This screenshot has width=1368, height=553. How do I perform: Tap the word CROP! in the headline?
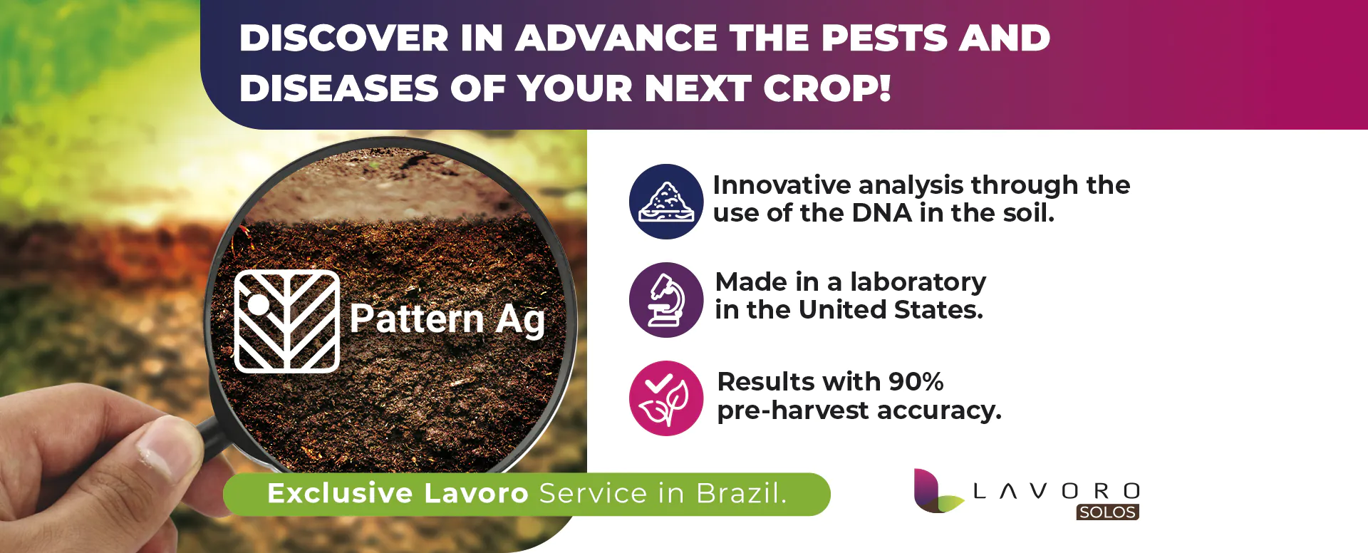point(826,88)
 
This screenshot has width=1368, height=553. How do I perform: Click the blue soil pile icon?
point(666,202)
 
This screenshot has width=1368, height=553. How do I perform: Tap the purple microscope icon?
point(666,300)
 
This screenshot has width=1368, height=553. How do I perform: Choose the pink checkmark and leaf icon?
point(666,398)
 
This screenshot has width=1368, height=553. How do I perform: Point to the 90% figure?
point(916,381)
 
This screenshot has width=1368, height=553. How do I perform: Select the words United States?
point(891,310)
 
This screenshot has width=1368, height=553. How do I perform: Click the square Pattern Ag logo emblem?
point(287,321)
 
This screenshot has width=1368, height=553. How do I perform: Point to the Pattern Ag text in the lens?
point(447,319)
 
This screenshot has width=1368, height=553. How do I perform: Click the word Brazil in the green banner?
point(741,493)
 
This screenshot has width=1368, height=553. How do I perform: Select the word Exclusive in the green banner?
point(340,493)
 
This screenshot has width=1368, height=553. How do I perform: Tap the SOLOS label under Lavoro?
point(1107,512)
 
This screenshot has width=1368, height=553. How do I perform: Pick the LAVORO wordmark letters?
point(1057,491)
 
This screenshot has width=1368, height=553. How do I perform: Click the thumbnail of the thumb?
point(159,448)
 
